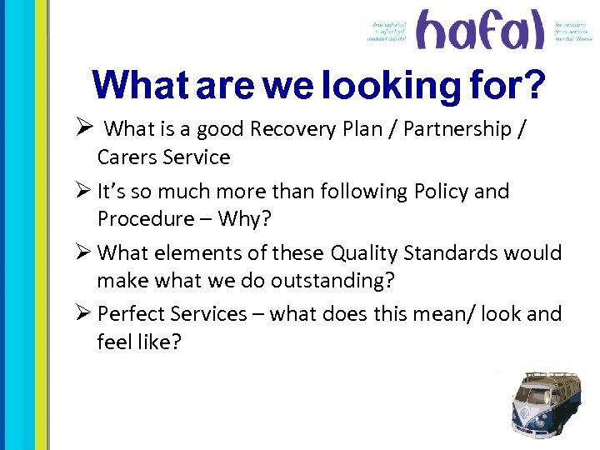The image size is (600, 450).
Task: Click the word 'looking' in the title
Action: pos(384,86)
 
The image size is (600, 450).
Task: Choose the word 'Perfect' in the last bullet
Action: pos(131,314)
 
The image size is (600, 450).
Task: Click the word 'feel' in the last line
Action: pos(114,342)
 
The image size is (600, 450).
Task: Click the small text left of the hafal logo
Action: pos(390,32)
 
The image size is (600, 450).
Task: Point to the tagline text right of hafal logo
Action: pos(573,31)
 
